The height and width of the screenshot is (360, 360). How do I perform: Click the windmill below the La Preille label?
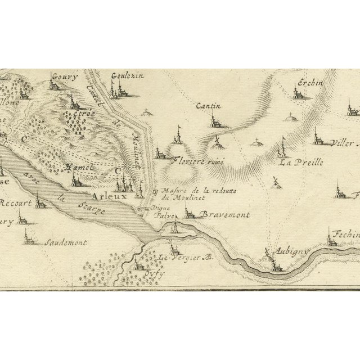(275, 182)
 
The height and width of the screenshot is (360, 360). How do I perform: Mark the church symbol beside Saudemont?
(26, 237)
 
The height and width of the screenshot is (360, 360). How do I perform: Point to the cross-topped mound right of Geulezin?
(147, 112)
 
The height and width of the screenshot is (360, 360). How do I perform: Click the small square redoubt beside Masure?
(155, 193)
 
